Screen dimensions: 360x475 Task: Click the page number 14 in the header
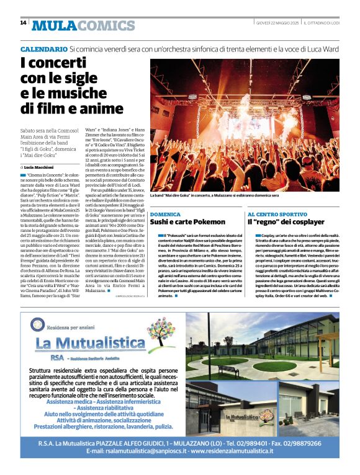click(x=23, y=23)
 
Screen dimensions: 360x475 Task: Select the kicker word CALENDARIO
click(x=43, y=48)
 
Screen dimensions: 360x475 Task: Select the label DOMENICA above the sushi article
click(x=165, y=213)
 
